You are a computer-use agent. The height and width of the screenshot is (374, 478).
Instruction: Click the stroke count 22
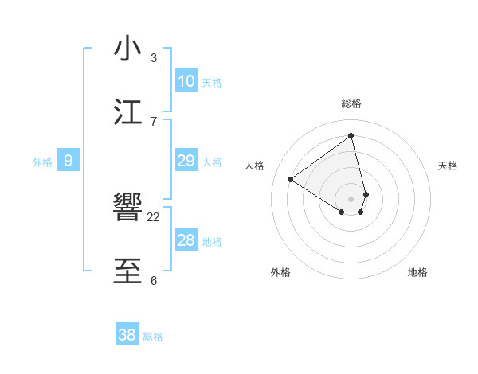coord(154,216)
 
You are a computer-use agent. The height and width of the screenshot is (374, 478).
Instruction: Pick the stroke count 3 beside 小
coord(154,57)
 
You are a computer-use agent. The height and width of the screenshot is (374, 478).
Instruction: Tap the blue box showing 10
coord(186,81)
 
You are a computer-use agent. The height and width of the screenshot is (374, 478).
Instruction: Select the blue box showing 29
coord(186,161)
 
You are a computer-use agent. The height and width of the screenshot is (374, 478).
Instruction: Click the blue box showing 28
coord(186,240)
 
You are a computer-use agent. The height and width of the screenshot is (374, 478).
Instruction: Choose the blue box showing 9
coord(69,161)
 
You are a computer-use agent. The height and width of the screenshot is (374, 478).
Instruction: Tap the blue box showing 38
coord(127,335)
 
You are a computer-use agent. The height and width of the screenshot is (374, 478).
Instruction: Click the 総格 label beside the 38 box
coord(153,337)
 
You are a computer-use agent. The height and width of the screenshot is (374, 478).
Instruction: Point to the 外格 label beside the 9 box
coord(42,162)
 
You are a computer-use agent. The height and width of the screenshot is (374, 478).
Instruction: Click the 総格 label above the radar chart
coord(351,103)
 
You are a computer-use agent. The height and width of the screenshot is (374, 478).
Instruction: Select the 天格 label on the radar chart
coord(449,166)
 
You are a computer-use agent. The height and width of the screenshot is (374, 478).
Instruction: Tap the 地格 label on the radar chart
coord(417,272)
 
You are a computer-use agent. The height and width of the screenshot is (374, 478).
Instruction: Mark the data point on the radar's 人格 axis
coord(291,179)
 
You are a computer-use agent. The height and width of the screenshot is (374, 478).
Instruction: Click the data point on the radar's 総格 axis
coord(351,135)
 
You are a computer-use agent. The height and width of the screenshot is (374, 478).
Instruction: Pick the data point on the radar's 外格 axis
coord(342,212)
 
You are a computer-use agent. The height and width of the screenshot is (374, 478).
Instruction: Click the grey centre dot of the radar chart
coord(351,198)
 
